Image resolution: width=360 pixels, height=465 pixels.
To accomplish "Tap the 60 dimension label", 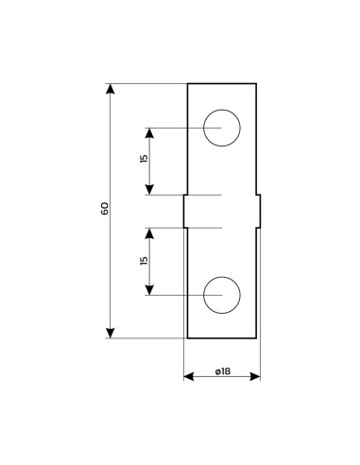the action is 104,208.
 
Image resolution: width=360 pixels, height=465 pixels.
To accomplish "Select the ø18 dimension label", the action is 223,371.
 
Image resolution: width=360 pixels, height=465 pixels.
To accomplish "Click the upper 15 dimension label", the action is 144,159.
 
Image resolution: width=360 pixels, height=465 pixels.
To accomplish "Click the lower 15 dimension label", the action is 144,261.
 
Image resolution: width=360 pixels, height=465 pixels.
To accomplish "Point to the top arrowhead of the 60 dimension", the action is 111,89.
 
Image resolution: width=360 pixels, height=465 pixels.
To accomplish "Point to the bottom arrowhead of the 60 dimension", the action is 111,333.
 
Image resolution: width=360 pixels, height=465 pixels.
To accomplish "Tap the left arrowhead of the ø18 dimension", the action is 189,376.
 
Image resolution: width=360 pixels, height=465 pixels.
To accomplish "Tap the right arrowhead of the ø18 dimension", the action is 255,376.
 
